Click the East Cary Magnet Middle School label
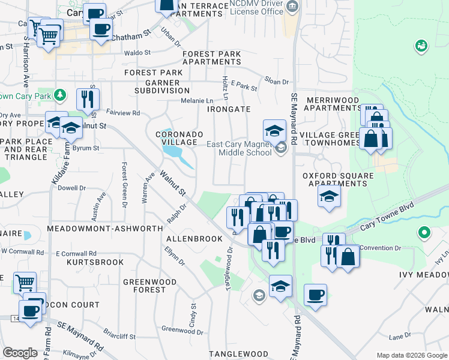[240, 148]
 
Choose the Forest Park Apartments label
[211, 58]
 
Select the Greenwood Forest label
[149, 286]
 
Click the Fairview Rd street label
[122, 113]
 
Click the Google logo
[20, 353]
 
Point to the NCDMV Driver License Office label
[256, 8]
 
